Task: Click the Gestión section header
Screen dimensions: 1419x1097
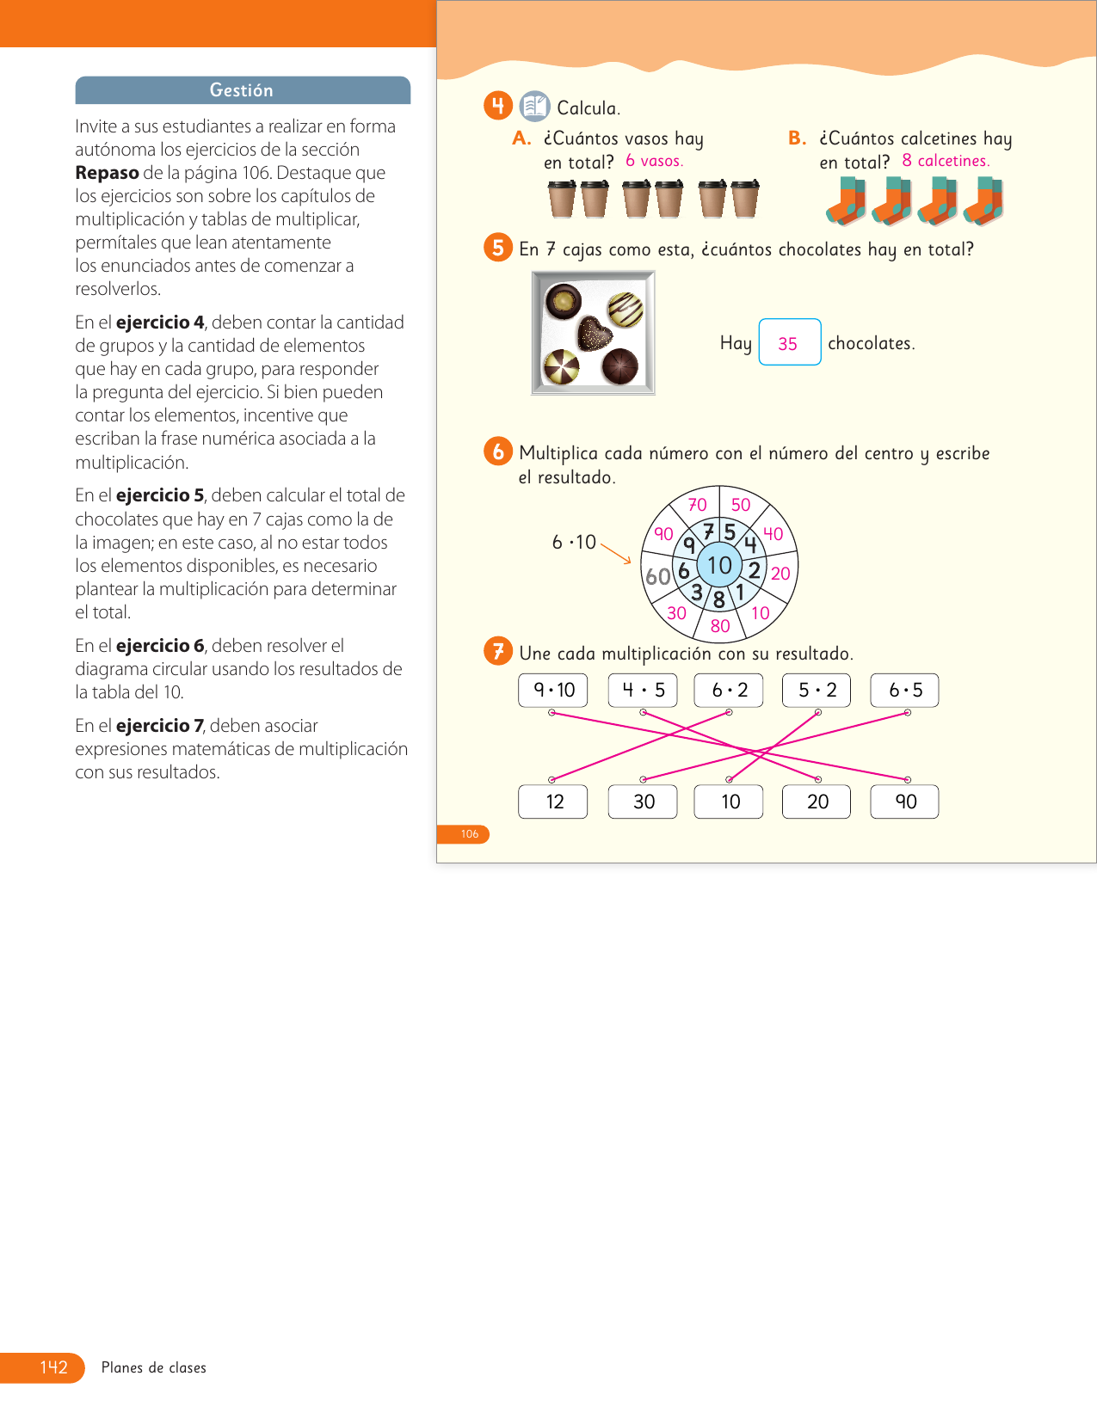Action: click(242, 90)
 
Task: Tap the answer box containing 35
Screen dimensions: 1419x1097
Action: click(789, 342)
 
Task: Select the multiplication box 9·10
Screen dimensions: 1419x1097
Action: click(553, 690)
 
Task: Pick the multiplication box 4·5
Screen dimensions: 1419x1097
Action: click(643, 690)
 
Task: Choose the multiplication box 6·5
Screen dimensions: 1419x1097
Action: click(904, 690)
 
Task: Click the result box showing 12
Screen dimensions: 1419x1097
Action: click(553, 802)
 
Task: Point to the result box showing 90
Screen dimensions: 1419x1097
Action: click(904, 802)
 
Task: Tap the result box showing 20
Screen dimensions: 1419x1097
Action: click(817, 802)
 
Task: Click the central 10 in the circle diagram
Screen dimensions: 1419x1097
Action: click(719, 565)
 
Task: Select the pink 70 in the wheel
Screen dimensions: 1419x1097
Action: click(697, 505)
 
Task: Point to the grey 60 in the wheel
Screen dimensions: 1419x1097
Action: click(658, 576)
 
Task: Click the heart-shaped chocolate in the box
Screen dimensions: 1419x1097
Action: click(593, 334)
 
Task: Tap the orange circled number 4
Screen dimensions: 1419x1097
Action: click(498, 106)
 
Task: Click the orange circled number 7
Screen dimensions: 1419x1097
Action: click(498, 651)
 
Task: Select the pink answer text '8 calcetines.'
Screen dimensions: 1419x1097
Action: click(946, 161)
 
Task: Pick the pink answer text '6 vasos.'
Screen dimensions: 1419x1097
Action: click(654, 161)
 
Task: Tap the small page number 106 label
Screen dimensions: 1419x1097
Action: click(469, 834)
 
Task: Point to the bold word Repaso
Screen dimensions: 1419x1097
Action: click(107, 173)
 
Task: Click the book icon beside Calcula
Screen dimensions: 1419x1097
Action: click(535, 107)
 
